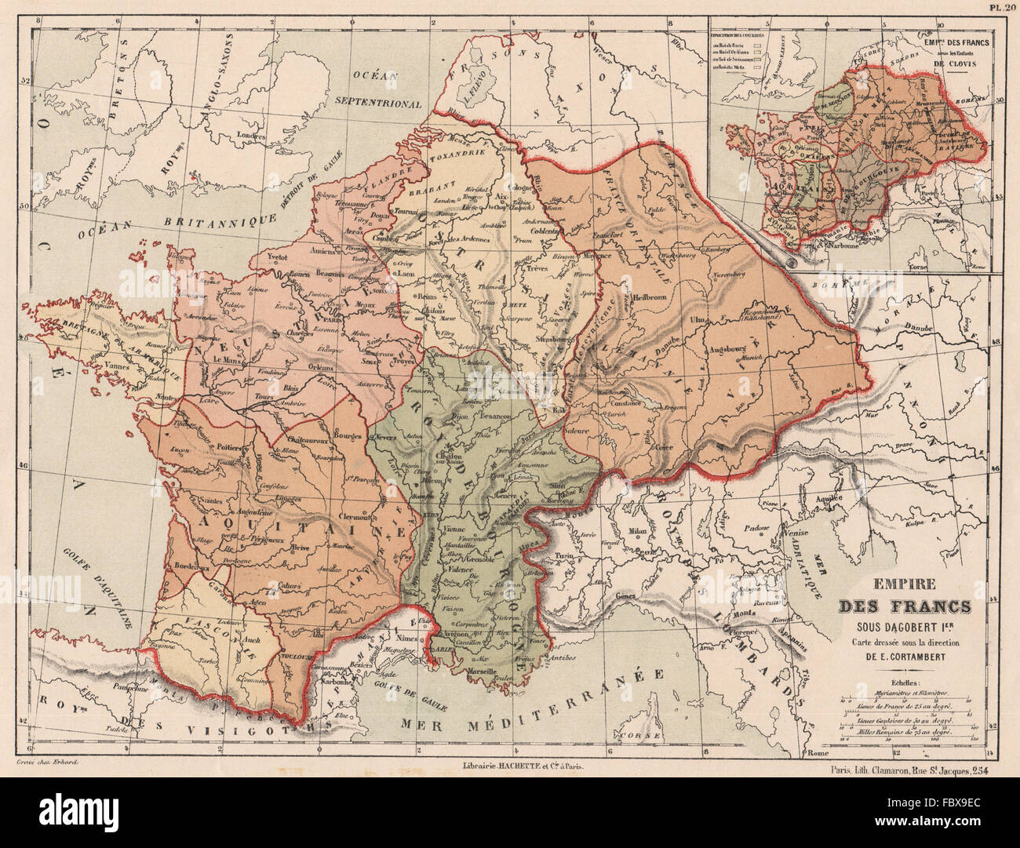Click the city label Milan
(639, 531)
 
